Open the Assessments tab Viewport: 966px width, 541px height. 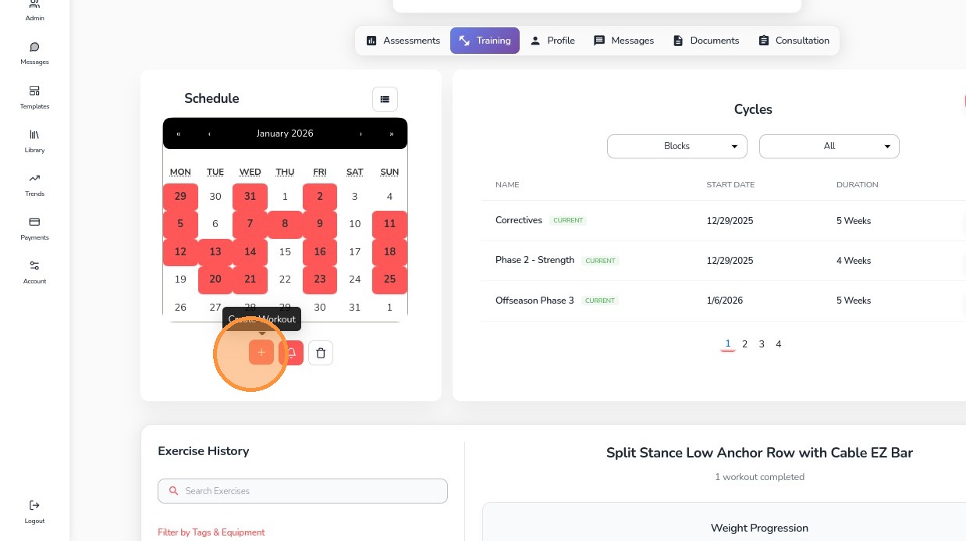click(403, 41)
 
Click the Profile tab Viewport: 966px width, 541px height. click(552, 41)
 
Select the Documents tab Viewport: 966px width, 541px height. click(706, 41)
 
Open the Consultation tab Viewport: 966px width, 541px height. click(794, 41)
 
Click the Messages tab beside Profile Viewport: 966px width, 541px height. click(623, 41)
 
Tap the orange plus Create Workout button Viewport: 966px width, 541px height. click(261, 353)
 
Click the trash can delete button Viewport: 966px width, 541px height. click(321, 353)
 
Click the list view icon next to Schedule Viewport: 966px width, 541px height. click(385, 99)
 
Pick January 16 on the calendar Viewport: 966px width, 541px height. click(320, 252)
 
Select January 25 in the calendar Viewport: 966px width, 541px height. click(389, 279)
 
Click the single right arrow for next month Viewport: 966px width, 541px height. click(360, 133)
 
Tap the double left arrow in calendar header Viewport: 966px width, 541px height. click(179, 133)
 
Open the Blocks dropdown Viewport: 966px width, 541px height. click(677, 146)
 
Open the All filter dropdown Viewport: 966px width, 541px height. click(829, 146)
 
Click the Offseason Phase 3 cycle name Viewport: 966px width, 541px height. click(534, 301)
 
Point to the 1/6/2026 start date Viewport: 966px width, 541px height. click(724, 301)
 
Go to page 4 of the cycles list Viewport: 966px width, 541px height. click(778, 344)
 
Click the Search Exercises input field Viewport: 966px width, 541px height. click(303, 491)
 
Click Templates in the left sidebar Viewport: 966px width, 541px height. click(34, 97)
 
